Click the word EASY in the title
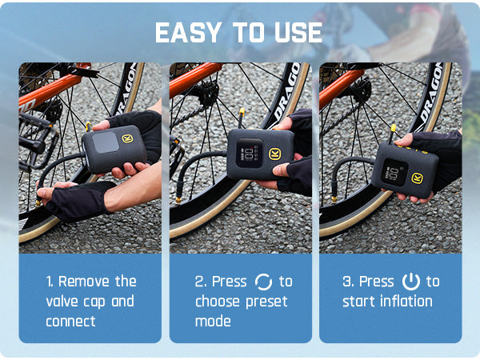click(x=189, y=33)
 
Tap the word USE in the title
click(x=298, y=33)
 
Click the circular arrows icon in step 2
click(x=263, y=282)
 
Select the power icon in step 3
click(x=410, y=282)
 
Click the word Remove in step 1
click(x=83, y=282)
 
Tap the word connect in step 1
click(x=70, y=322)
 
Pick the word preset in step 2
click(x=266, y=302)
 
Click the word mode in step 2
click(x=213, y=321)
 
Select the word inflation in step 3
click(x=406, y=302)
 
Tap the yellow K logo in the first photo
click(x=127, y=138)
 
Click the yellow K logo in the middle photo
click(x=274, y=154)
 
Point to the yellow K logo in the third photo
click(x=417, y=178)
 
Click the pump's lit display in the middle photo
click(x=249, y=153)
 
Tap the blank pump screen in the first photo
click(x=105, y=142)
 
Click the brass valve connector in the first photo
click(x=38, y=202)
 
